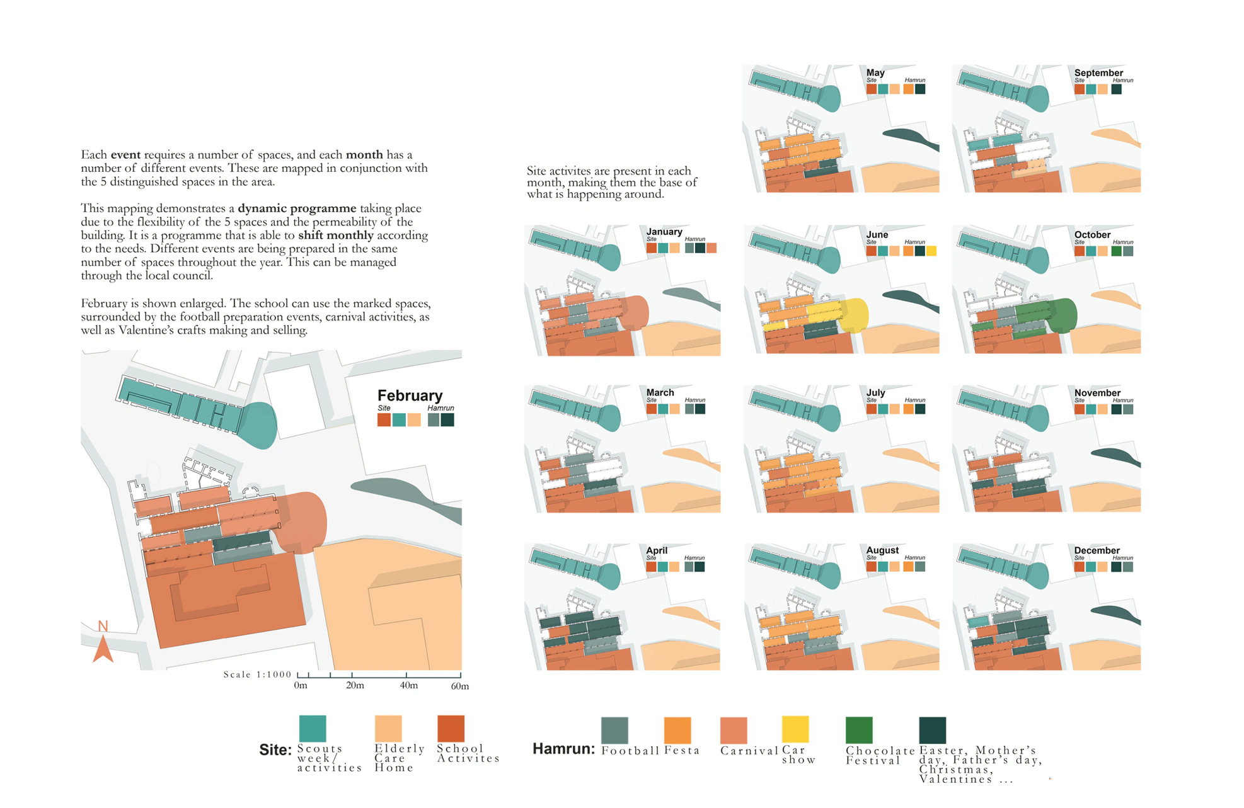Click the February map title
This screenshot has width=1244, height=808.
(x=410, y=395)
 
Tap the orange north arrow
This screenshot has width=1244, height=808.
(x=103, y=649)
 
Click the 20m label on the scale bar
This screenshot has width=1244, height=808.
(x=355, y=685)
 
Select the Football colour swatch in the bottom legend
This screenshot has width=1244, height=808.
(x=614, y=730)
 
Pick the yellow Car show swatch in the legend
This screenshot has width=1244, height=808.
(x=795, y=729)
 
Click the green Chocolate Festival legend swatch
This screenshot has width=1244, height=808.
(x=859, y=730)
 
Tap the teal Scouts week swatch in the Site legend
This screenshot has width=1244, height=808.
(x=313, y=729)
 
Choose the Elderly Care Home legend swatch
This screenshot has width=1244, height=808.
(x=388, y=729)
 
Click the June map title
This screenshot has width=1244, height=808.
(x=877, y=234)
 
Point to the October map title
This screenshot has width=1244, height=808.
(x=1092, y=234)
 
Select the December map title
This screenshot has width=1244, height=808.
(x=1097, y=550)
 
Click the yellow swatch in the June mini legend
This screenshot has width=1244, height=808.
(x=931, y=251)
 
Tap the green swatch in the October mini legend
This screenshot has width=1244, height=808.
(x=1117, y=251)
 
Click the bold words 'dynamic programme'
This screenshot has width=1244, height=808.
(x=297, y=208)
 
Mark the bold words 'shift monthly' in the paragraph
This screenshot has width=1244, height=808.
(x=336, y=236)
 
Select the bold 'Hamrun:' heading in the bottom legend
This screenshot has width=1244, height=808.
(x=563, y=749)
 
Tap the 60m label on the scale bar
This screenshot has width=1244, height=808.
(x=460, y=686)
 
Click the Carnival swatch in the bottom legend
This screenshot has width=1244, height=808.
(x=734, y=730)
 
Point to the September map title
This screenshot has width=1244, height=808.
(x=1098, y=72)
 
